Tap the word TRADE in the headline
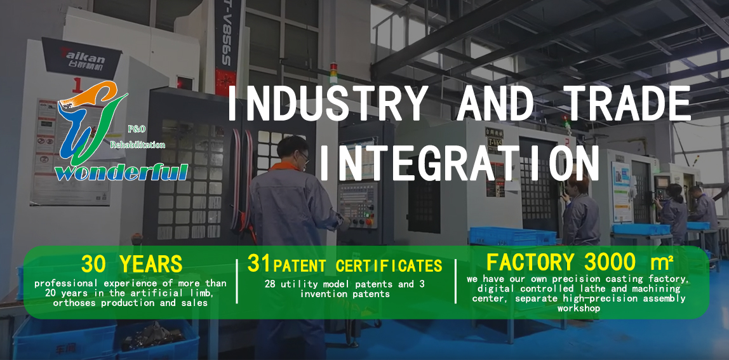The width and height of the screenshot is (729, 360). (629, 103)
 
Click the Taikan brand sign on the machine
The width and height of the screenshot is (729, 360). (81, 58)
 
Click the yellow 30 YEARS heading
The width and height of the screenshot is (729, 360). (131, 264)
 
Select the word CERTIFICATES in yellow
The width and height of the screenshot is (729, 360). (389, 265)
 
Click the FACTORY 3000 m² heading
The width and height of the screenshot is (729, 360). (579, 262)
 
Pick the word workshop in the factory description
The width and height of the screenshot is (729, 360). (579, 308)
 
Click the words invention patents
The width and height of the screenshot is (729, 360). (345, 294)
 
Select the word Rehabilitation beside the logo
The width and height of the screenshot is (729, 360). (138, 145)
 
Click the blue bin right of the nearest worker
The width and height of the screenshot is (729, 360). (512, 236)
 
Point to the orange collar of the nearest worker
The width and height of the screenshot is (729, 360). (285, 166)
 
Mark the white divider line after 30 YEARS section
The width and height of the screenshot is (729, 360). (237, 281)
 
